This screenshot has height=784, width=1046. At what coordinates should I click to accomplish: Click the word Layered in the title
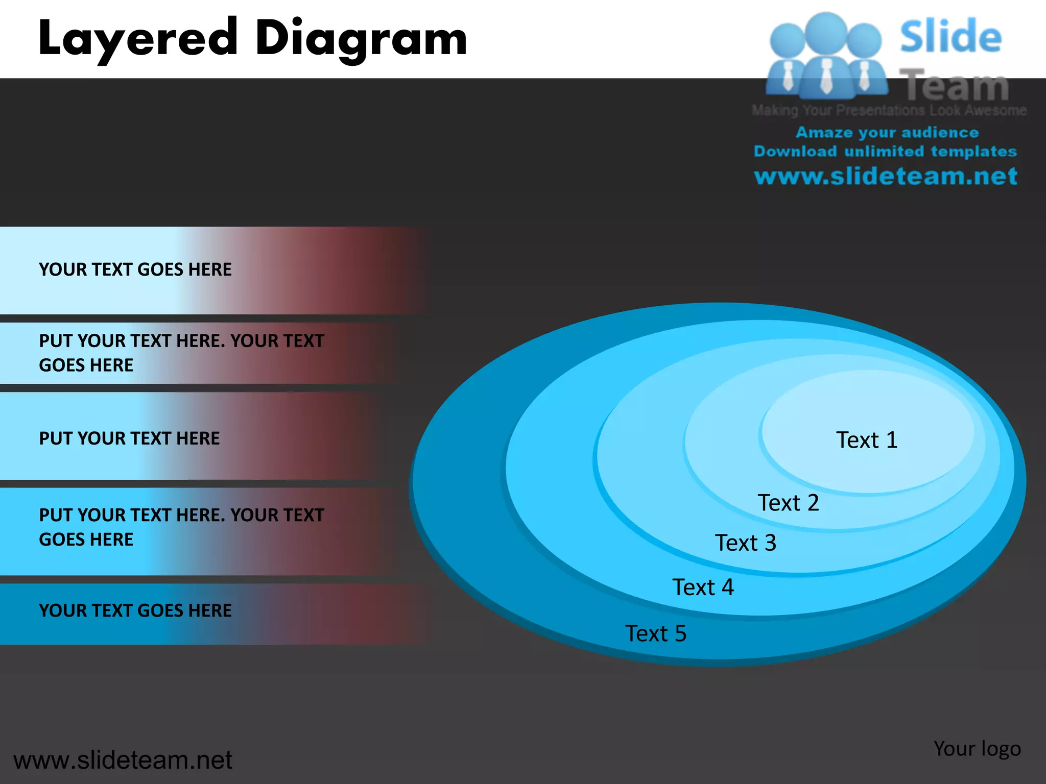(138, 39)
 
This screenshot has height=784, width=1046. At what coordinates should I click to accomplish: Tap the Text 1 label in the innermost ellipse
(866, 440)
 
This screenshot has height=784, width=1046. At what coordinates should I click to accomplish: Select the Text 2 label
(788, 503)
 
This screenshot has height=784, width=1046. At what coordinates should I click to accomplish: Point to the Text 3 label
(745, 543)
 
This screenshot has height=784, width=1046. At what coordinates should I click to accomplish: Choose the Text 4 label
(703, 587)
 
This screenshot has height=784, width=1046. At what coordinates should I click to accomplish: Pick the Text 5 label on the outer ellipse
(656, 633)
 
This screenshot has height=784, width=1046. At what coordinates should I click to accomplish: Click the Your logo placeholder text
(977, 749)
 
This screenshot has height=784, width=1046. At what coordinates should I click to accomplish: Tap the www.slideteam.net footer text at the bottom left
(123, 760)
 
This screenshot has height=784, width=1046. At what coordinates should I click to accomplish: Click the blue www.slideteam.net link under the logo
(886, 176)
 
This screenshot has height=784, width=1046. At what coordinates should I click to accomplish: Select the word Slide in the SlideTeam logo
(950, 37)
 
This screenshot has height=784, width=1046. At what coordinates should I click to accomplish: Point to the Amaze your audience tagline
(887, 132)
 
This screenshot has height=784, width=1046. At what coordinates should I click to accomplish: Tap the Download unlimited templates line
(886, 152)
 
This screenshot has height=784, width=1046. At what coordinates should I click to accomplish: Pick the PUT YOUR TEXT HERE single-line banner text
(129, 438)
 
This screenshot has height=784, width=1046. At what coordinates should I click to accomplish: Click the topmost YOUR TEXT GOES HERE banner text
(135, 269)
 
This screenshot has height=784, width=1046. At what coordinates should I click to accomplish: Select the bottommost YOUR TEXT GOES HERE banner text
(135, 610)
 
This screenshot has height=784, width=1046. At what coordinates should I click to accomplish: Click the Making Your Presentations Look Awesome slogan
(889, 110)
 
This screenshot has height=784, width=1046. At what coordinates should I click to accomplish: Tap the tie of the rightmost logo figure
(864, 77)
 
